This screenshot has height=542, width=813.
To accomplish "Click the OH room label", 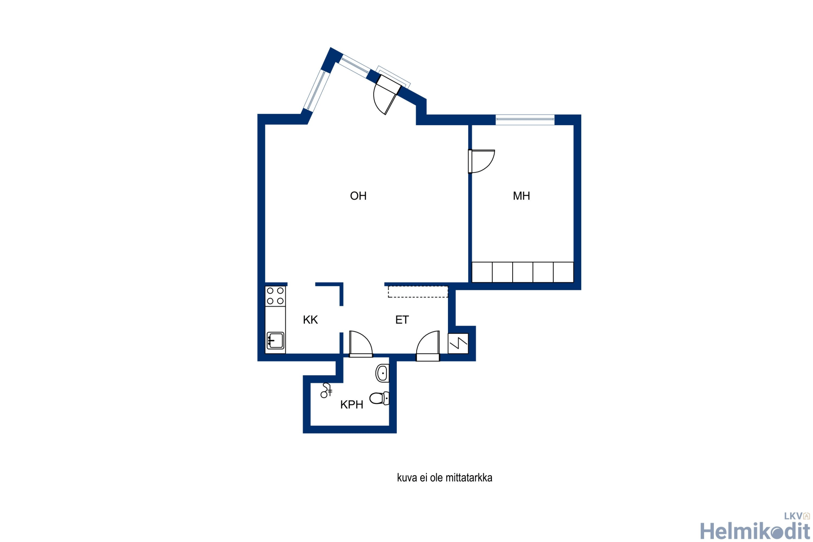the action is pos(358,196).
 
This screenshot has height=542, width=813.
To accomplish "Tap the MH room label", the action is pos(522,196).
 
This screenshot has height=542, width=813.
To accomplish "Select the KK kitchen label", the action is pos(310,320).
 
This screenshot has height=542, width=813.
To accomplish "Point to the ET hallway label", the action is pos(402,320).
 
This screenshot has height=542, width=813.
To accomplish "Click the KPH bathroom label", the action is pos(352,405).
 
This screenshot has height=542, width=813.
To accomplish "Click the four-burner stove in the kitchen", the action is pos(275,296).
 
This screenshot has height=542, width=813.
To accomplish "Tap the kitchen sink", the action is pos(275,341).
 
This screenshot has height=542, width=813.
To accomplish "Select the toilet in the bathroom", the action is pos(379,398).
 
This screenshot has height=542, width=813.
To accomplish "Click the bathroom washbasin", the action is pos(383,373).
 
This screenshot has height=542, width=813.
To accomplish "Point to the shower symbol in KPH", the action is pos(326,390).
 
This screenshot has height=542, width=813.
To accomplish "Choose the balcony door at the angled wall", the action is pos(387,94).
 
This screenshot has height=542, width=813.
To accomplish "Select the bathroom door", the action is pos(361,344).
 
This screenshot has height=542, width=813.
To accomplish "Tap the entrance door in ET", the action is pos(428,346).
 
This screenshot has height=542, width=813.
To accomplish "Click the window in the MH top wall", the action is pos(525,120).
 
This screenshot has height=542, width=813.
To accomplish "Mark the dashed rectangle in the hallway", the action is pos(418,292).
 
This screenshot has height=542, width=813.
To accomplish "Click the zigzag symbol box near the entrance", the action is pos(458,344).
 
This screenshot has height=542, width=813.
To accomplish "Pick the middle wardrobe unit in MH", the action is pos(523,272).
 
